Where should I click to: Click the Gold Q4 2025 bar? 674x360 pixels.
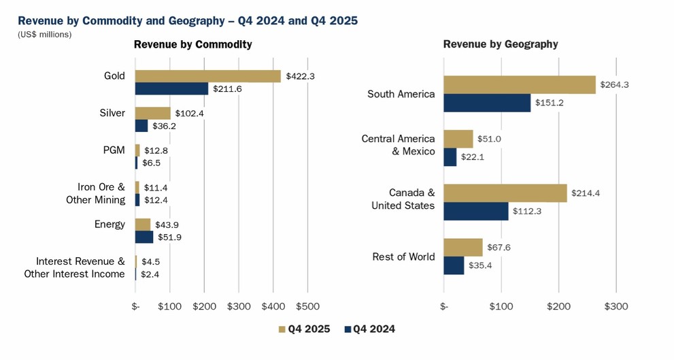(207, 76)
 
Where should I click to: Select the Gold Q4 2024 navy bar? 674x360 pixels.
(171, 88)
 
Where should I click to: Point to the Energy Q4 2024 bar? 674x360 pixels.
(144, 237)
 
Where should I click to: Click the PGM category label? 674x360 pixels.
(113, 150)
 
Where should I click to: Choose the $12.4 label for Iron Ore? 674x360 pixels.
(156, 200)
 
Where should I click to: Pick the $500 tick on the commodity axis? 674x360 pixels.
(307, 307)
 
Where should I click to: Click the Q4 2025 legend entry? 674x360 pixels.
(303, 329)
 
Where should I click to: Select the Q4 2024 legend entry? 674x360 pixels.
(369, 329)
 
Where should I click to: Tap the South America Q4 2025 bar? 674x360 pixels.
(520, 85)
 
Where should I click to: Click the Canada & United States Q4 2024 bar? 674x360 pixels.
(476, 211)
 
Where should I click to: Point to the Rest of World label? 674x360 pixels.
(403, 257)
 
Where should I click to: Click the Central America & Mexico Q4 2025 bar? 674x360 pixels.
(458, 139)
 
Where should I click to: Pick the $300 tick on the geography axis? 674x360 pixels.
(616, 307)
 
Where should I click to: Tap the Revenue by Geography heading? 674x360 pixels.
(501, 44)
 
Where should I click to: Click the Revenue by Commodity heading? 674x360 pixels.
(192, 44)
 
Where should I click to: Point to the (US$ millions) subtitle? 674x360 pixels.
(44, 34)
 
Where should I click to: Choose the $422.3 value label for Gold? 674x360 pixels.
(301, 76)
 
